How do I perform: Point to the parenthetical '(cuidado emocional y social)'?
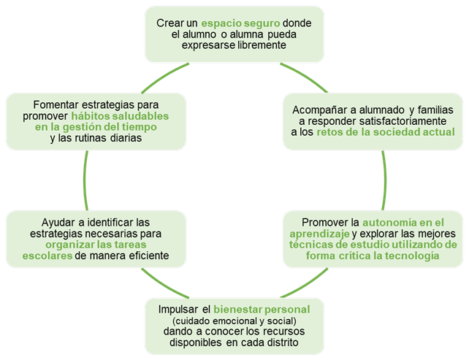(x=234, y=321)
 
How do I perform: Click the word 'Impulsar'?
(x=178, y=310)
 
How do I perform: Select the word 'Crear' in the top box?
(x=169, y=23)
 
